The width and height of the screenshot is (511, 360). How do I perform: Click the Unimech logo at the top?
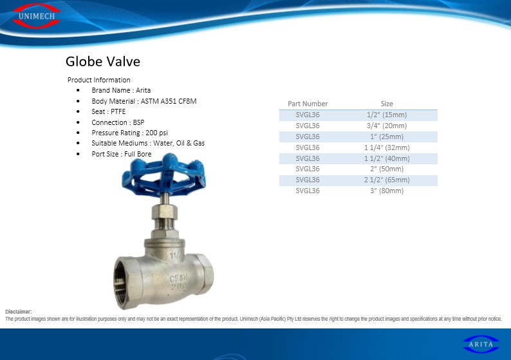(x=37, y=16)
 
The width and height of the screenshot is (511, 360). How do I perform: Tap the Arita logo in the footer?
(x=481, y=344)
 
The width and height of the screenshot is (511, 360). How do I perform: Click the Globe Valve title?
(x=103, y=61)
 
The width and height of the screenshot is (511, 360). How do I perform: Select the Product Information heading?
(x=98, y=80)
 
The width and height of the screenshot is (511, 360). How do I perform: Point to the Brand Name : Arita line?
(x=121, y=90)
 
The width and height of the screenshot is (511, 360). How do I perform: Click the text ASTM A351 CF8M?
(x=169, y=101)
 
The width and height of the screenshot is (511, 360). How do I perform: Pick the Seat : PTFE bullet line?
(x=109, y=111)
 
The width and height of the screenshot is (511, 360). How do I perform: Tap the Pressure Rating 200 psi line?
(x=130, y=133)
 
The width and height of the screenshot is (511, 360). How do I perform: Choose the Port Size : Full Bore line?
(x=122, y=154)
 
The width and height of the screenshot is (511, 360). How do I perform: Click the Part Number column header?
(x=308, y=104)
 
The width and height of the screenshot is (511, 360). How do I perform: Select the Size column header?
(x=387, y=104)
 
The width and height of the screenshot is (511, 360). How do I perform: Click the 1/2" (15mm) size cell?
(x=387, y=115)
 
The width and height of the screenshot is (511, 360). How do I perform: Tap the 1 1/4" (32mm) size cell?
(x=387, y=147)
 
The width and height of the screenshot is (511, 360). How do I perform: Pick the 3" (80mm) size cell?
(x=387, y=191)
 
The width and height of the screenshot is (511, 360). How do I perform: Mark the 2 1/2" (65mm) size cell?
(x=387, y=180)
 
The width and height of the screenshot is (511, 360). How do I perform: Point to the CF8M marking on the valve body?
(x=178, y=278)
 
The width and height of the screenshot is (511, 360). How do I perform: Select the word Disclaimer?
(x=18, y=312)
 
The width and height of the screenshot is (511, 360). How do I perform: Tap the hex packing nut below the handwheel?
(x=165, y=212)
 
